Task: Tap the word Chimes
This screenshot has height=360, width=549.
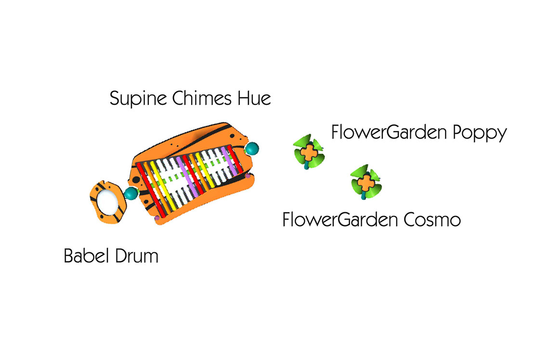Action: click(x=202, y=98)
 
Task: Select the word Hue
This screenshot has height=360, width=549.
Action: click(x=254, y=98)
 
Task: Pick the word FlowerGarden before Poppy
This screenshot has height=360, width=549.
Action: click(x=389, y=132)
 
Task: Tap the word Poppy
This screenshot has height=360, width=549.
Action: click(x=480, y=133)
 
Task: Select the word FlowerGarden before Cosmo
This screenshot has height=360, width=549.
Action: click(x=340, y=220)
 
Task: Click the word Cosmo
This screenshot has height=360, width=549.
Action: click(x=432, y=220)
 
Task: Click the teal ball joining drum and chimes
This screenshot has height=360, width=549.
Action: click(x=131, y=193)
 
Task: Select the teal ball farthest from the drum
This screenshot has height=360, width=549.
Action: click(x=251, y=149)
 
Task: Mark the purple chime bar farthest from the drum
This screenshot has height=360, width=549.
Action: click(x=229, y=161)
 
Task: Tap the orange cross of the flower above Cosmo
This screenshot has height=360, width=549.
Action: click(x=366, y=182)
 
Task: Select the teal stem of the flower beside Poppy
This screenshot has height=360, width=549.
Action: click(x=307, y=165)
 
